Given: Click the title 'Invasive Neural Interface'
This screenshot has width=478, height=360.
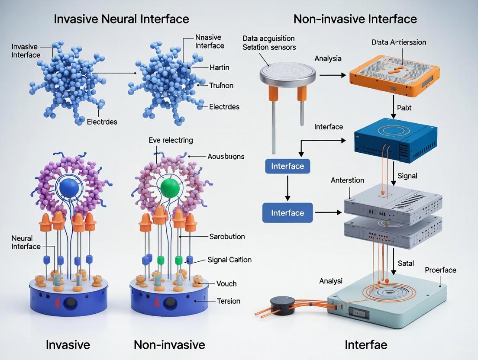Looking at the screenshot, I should pyautogui.click(x=121, y=19).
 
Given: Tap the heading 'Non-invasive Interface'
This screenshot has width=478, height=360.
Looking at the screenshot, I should pyautogui.click(x=355, y=19).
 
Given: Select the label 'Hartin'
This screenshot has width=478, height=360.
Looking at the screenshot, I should pyautogui.click(x=219, y=67).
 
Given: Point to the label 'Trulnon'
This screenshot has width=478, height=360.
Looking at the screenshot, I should pyautogui.click(x=221, y=86).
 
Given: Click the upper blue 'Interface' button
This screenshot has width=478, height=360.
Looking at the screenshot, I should pyautogui.click(x=287, y=166).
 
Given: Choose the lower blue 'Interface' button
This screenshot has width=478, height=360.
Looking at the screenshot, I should pyautogui.click(x=287, y=213).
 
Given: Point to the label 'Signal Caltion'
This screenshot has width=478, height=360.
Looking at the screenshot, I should pyautogui.click(x=229, y=260).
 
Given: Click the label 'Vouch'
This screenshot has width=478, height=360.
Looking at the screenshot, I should pyautogui.click(x=226, y=284).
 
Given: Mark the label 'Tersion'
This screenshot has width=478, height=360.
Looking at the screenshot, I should pyautogui.click(x=228, y=301).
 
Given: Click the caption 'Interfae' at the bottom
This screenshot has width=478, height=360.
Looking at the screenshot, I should pyautogui.click(x=366, y=345).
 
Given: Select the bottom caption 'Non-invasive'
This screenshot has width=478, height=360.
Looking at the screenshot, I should pyautogui.click(x=169, y=345).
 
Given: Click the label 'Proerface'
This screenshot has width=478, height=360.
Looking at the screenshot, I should pyautogui.click(x=440, y=270).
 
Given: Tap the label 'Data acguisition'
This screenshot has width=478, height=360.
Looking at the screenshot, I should pyautogui.click(x=268, y=39).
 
